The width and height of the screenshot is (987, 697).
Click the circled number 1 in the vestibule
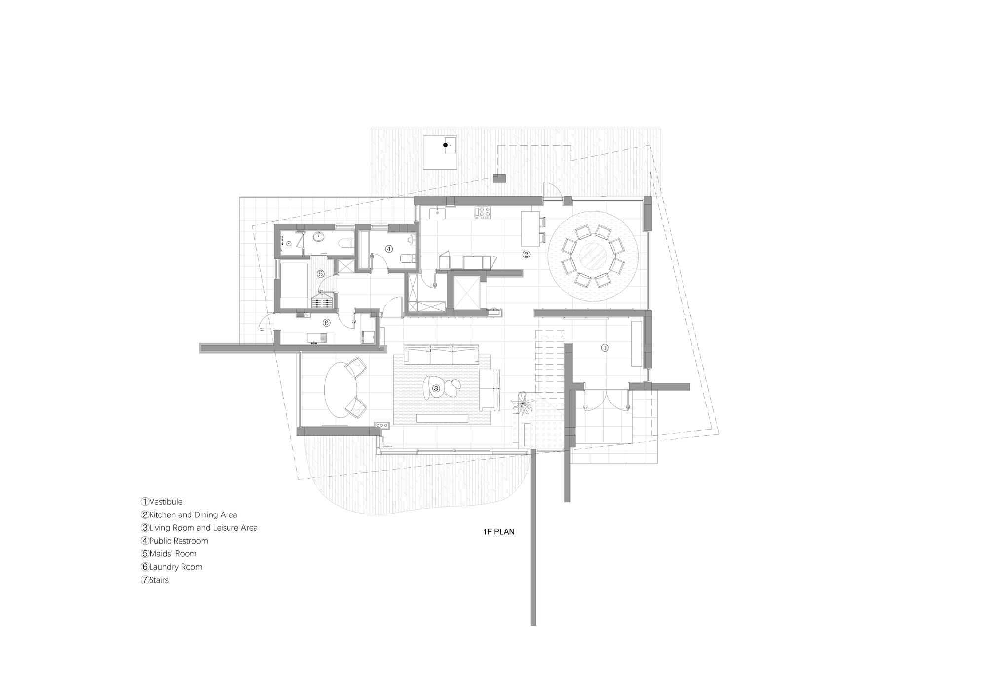point(605,348)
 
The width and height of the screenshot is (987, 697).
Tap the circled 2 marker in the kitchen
point(526,254)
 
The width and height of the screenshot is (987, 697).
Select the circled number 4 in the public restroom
point(389,249)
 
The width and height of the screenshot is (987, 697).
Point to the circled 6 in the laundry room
point(326,323)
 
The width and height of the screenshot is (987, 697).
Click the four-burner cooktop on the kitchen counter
point(483,212)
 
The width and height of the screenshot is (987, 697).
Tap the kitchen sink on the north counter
point(437,213)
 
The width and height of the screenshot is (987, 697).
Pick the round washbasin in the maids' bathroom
point(319,237)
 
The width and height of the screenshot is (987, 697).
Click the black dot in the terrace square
point(445,145)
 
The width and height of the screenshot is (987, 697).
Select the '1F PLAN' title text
point(498,532)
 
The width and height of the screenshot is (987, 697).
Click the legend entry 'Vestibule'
point(165,502)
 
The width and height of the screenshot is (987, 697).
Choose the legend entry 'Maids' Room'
point(172,554)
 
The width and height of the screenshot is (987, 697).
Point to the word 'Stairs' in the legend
point(158,580)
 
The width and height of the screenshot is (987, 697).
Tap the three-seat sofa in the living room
point(442,355)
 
